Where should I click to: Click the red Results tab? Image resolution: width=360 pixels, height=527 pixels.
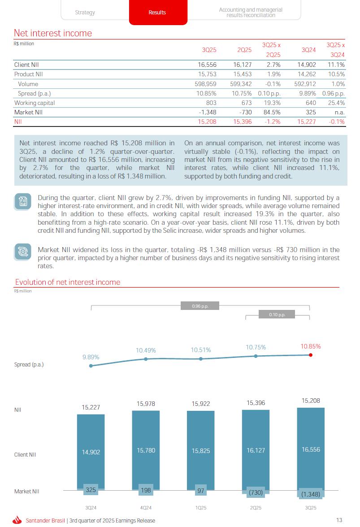coord(157,13)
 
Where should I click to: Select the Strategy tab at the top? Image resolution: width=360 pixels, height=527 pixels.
coord(85,13)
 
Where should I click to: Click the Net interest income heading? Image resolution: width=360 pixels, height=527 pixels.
coord(53,33)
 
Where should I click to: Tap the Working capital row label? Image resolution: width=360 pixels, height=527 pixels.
coord(35,103)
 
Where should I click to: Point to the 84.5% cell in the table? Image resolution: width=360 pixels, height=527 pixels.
coord(271,112)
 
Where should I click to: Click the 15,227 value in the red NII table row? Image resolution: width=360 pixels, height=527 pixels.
coord(307,122)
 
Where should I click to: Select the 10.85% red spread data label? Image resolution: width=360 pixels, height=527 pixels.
coord(310,346)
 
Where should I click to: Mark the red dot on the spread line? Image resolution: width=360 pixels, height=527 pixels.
coord(311,355)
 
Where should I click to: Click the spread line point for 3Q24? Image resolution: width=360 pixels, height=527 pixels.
coord(91,366)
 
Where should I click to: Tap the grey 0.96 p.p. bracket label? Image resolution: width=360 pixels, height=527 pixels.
coord(200,306)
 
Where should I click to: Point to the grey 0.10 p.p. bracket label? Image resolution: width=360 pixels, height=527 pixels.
coord(277,314)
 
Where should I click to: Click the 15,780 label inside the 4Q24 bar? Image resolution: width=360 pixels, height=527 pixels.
coord(146,450)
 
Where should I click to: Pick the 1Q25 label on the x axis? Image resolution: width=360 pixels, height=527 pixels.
coord(200,508)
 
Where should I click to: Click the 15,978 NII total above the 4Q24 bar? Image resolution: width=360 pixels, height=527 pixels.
coord(146,404)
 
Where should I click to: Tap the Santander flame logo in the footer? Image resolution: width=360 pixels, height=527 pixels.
coord(17,520)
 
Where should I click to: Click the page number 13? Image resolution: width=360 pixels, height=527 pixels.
coord(339,520)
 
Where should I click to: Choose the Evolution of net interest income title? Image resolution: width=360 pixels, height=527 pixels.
coord(68,282)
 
